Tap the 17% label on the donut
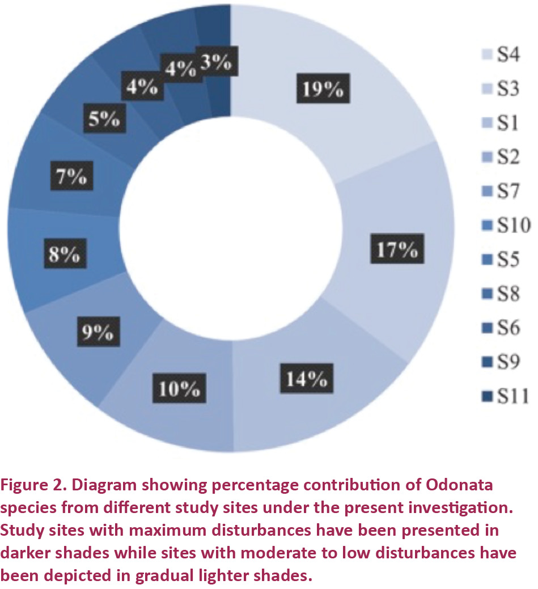pos(398,249)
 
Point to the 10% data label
pos(179,389)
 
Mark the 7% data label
pos(71,178)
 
